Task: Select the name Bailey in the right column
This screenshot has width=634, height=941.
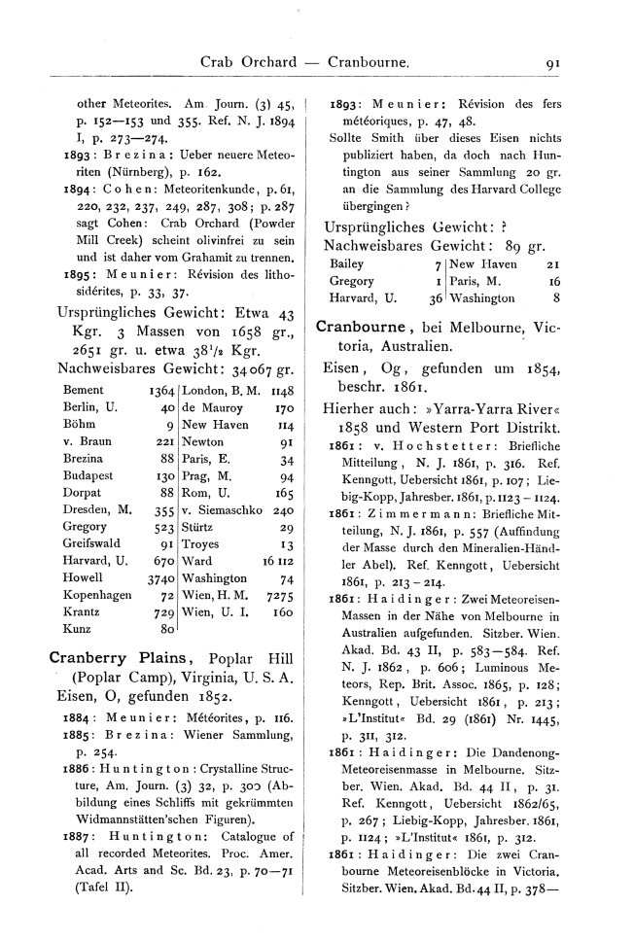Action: (347, 263)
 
